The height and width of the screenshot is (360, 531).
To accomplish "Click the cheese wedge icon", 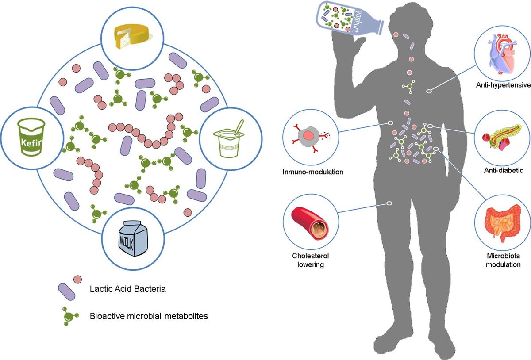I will point(131,38).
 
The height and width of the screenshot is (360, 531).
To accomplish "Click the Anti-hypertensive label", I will point(502,86).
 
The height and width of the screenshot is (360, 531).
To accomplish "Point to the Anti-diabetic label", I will point(501,170).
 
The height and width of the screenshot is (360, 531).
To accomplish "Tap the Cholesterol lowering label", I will point(311,260).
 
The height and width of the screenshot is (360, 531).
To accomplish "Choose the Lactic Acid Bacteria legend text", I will point(127,289).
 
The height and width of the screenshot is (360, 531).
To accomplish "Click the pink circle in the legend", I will point(77,279).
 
